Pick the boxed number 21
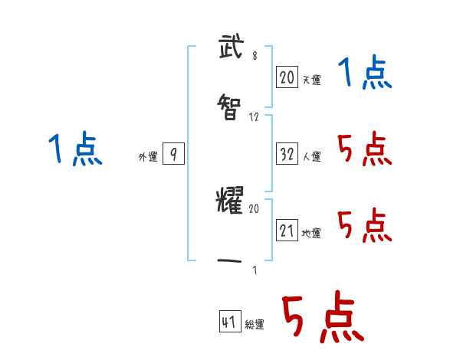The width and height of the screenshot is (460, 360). [287, 230]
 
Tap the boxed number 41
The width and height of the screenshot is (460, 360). [229, 322]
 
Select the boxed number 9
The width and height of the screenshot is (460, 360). [173, 155]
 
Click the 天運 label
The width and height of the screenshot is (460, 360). [311, 80]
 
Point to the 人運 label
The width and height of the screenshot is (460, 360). [311, 156]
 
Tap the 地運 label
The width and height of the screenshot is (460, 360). [311, 233]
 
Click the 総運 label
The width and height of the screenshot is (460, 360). [255, 325]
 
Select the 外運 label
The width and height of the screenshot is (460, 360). [148, 157]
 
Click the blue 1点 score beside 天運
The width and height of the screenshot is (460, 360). [365, 74]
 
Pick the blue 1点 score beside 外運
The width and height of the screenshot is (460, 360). [75, 149]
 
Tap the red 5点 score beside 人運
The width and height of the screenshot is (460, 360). [365, 149]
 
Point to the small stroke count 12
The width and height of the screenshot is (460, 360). [255, 117]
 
